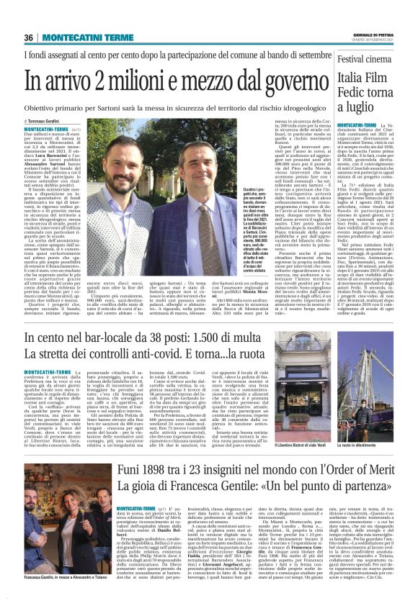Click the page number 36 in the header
(x=30, y=38)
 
